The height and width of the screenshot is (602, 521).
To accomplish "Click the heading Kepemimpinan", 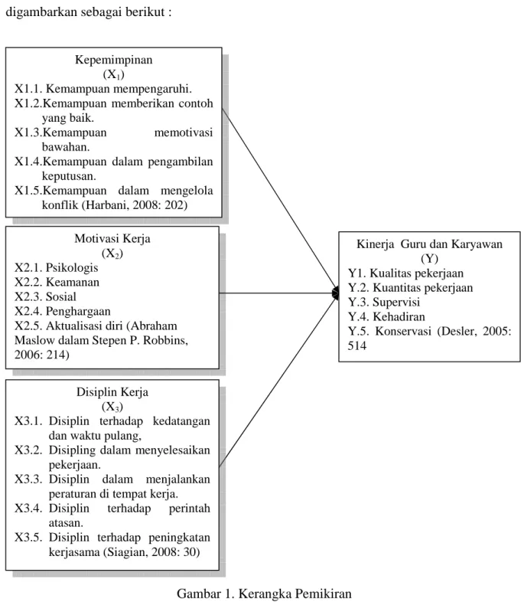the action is (x=113, y=60).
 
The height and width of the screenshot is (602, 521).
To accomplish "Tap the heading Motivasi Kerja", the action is (x=112, y=238).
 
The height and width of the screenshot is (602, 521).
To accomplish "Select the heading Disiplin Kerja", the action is (x=112, y=392).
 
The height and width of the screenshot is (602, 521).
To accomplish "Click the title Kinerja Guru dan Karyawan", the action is (x=429, y=244).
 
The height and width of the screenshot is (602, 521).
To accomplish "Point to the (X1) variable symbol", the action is (x=113, y=74).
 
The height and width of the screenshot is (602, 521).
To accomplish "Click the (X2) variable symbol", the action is (x=112, y=254).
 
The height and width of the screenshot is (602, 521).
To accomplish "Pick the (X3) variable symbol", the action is (x=112, y=407).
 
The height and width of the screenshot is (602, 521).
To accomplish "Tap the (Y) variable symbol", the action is (x=429, y=258).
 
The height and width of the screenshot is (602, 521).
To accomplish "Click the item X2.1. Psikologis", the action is (x=57, y=267).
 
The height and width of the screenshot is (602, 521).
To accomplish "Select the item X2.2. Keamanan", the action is (x=57, y=282).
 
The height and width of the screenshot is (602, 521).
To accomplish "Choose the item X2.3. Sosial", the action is (x=46, y=296).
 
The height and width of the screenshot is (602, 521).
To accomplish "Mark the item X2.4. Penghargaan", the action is (x=63, y=312).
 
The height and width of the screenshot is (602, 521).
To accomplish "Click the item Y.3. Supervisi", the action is (x=384, y=303).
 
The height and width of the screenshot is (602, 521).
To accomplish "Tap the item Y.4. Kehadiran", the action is (x=386, y=317).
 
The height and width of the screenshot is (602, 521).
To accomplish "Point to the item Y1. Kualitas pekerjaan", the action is (x=406, y=273).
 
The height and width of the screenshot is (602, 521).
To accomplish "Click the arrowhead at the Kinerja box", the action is (x=336, y=293).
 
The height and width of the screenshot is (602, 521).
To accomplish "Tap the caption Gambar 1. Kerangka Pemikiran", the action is (x=264, y=594).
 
